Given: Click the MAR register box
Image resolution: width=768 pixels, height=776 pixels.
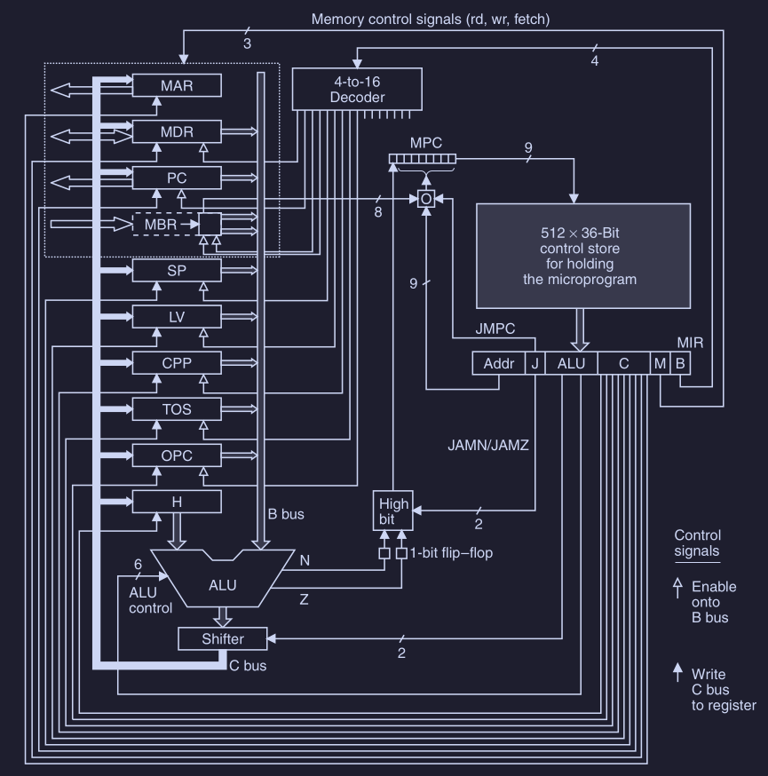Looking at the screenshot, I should tap(176, 86).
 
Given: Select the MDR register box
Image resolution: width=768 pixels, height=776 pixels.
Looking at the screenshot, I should tap(176, 132).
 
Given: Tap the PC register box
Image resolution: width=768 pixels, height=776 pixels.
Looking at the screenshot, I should tap(176, 178).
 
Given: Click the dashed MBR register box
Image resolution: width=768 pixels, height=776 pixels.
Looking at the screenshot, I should tap(164, 223).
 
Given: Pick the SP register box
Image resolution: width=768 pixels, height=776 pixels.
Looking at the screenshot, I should tap(176, 270).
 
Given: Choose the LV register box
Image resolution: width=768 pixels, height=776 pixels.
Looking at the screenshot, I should tap(176, 316).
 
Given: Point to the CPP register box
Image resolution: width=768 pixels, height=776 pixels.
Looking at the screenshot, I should tap(176, 363).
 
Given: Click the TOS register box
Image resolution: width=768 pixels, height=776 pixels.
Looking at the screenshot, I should tap(176, 408).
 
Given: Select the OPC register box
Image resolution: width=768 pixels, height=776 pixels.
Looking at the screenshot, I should tap(176, 455).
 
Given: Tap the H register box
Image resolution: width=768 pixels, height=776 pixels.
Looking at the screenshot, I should tap(176, 502).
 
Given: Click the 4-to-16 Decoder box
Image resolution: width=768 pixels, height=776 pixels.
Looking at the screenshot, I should tap(357, 90).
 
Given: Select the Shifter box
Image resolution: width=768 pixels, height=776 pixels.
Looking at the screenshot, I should tap(223, 638).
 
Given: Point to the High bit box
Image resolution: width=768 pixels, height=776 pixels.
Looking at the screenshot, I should tap(391, 510).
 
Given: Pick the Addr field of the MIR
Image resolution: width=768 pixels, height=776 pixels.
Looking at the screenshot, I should tap(499, 362).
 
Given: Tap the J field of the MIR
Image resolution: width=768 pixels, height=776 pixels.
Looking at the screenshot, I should tap(534, 362).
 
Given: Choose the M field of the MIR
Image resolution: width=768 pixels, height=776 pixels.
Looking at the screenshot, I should tap(661, 362).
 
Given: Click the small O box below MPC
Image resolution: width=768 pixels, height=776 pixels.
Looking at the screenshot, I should tap(427, 199).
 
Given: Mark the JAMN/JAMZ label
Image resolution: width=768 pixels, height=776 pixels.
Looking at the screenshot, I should tap(488, 446).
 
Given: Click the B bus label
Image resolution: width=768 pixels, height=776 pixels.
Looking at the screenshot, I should tap(286, 513).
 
